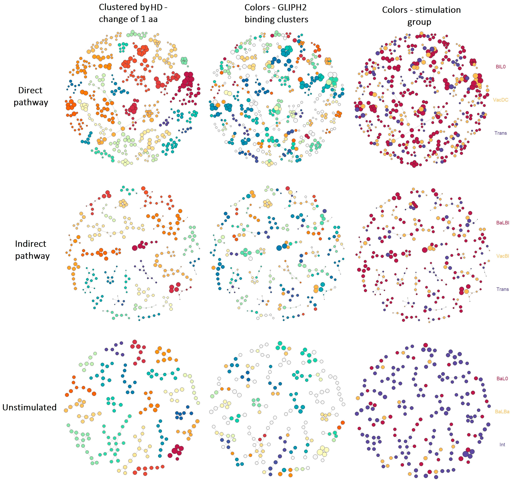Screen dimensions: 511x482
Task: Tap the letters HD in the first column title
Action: [x=157, y=7]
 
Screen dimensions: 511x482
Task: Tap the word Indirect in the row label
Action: [x=31, y=244]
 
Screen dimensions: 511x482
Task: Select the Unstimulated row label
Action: [x=29, y=407]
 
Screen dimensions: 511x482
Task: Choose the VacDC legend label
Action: [x=500, y=100]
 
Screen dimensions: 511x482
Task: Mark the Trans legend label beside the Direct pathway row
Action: [x=500, y=133]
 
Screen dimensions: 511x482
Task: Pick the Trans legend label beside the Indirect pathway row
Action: [x=502, y=289]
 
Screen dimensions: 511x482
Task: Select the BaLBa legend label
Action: [x=502, y=412]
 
